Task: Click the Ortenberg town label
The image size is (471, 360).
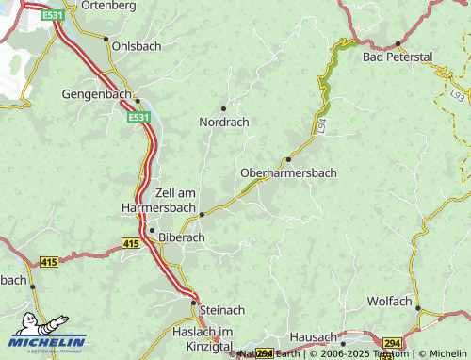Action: click(109, 6)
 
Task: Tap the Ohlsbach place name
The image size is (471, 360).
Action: click(138, 44)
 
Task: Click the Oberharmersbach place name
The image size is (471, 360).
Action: click(288, 173)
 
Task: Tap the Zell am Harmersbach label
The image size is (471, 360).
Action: click(160, 199)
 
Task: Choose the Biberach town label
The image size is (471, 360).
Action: click(182, 237)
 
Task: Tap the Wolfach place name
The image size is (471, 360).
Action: click(392, 302)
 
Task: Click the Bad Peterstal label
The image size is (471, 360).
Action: click(398, 57)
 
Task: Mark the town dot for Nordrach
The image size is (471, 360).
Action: click(223, 108)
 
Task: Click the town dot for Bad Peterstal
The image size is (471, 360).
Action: click(398, 43)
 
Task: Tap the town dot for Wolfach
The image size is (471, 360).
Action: click(418, 308)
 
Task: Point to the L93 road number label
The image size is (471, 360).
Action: click(457, 96)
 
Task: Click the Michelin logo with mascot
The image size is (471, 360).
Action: click(46, 334)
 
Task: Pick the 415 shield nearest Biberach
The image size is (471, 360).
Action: click(130, 243)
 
